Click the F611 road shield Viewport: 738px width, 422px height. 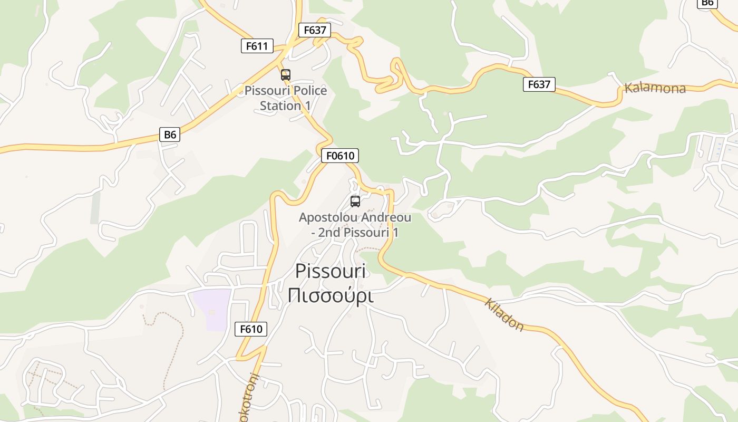pyautogui.click(x=257, y=46)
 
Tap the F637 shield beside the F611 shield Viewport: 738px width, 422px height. pyautogui.click(x=315, y=30)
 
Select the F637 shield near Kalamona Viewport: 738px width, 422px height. pyautogui.click(x=539, y=84)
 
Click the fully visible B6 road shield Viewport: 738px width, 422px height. pyautogui.click(x=170, y=135)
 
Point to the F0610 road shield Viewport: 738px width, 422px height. pyautogui.click(x=340, y=156)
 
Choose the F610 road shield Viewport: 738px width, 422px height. pyautogui.click(x=251, y=329)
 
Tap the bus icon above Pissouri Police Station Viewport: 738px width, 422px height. pyautogui.click(x=286, y=75)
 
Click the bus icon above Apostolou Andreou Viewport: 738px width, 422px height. pyautogui.click(x=355, y=201)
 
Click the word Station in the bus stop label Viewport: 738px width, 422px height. pyautogui.click(x=280, y=105)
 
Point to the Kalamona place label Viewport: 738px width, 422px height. pyautogui.click(x=655, y=88)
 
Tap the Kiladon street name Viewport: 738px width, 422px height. pyautogui.click(x=504, y=315)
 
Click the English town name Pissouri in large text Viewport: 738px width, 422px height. pyautogui.click(x=331, y=271)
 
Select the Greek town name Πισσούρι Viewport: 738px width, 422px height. pyautogui.click(x=331, y=295)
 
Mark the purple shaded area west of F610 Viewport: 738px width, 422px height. pyautogui.click(x=211, y=309)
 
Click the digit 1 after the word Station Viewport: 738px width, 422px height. pyautogui.click(x=306, y=105)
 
